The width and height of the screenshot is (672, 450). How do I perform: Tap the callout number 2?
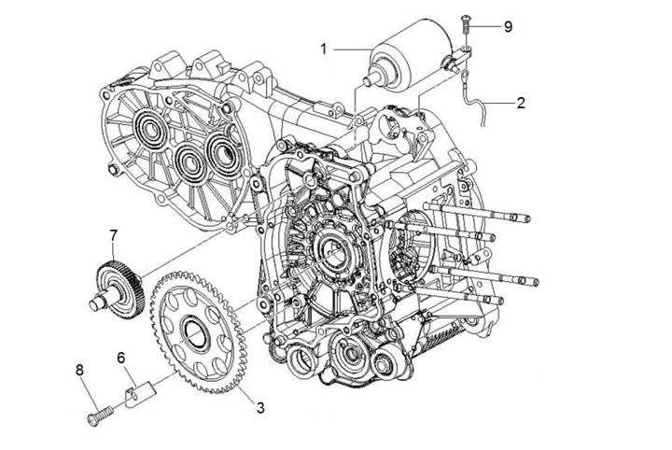(521, 104)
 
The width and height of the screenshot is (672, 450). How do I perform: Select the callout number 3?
(260, 407)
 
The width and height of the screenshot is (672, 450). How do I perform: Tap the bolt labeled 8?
(97, 412)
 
